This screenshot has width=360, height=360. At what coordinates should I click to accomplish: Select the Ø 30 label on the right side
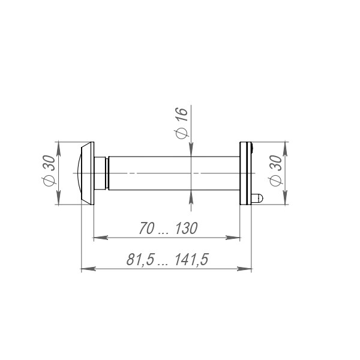tap(277, 173)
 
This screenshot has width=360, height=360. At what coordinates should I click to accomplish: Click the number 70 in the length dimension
tap(145, 229)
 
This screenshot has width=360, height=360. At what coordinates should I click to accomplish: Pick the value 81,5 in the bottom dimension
tap(139, 260)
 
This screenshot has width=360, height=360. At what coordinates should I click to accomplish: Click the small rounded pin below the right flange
tap(257, 197)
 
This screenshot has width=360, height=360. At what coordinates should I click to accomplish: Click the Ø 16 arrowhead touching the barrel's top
tap(191, 150)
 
